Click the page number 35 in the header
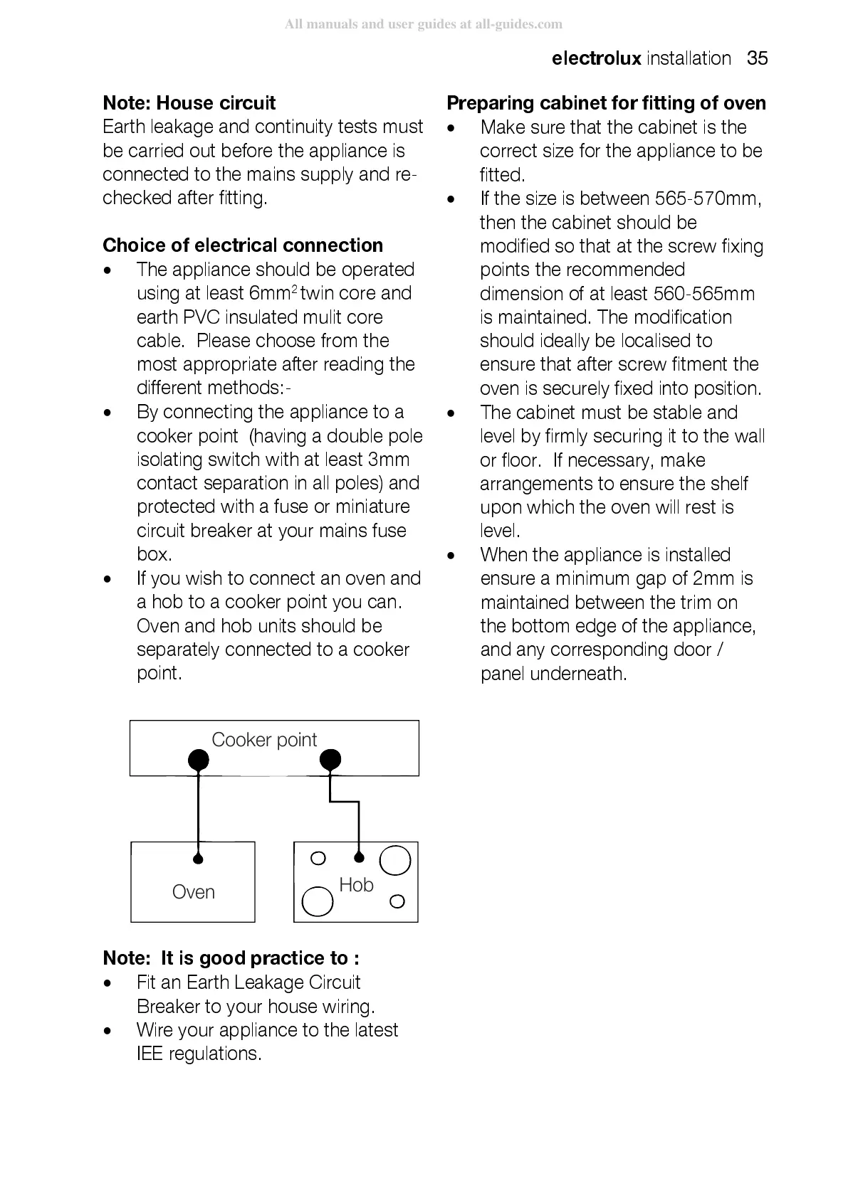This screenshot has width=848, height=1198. point(757,58)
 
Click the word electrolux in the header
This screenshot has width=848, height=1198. point(596,58)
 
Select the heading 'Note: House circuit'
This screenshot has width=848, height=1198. point(189,103)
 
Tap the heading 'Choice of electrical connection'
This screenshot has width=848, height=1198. point(243,245)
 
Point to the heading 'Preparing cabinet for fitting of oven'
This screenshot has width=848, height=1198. point(606,103)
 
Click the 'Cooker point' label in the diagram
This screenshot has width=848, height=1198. point(263,740)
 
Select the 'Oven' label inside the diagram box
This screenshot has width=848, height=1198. point(193,892)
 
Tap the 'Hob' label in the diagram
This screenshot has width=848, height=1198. point(356,885)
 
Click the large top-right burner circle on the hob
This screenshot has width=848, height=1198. point(395,860)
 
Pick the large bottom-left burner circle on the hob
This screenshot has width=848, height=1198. point(318,902)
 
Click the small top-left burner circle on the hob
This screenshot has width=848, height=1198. point(318,858)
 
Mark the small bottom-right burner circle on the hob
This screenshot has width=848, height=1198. point(397,901)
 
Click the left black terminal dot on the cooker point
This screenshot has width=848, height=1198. point(198,760)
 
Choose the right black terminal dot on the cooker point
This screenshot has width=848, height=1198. point(330,760)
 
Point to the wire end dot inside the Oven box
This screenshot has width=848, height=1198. point(198,859)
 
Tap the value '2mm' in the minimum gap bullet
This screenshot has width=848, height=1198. point(713,578)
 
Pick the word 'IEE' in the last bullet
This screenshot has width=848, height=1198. point(150,1054)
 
